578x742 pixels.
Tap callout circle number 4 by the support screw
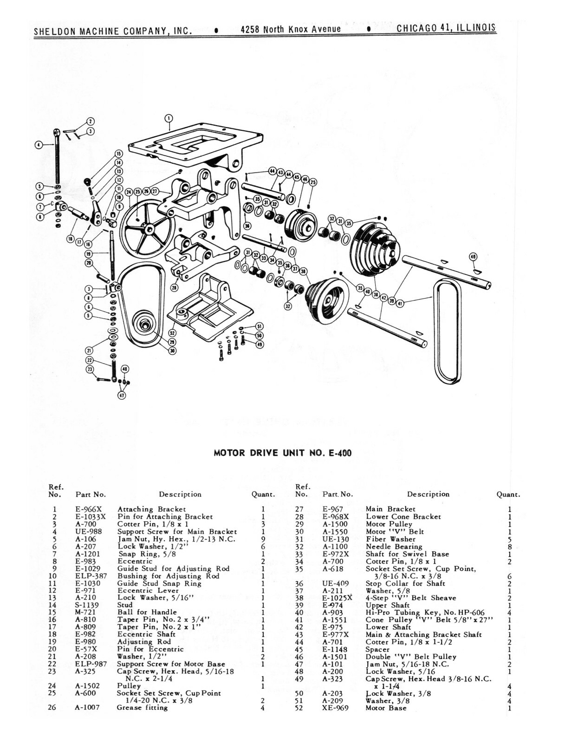[39, 145]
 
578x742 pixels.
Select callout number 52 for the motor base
[172, 333]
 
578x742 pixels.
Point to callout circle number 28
[174, 288]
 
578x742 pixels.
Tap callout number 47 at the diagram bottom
[122, 396]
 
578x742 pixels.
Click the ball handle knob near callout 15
[87, 181]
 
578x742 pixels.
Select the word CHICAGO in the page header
[416, 28]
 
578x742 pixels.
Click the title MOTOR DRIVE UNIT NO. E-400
[282, 453]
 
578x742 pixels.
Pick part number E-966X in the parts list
[88, 509]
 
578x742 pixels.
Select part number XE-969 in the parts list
[335, 708]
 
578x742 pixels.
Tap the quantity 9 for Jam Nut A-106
[263, 539]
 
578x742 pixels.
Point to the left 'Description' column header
[180, 494]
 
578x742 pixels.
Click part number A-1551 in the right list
[335, 620]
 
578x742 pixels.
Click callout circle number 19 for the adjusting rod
[89, 254]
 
